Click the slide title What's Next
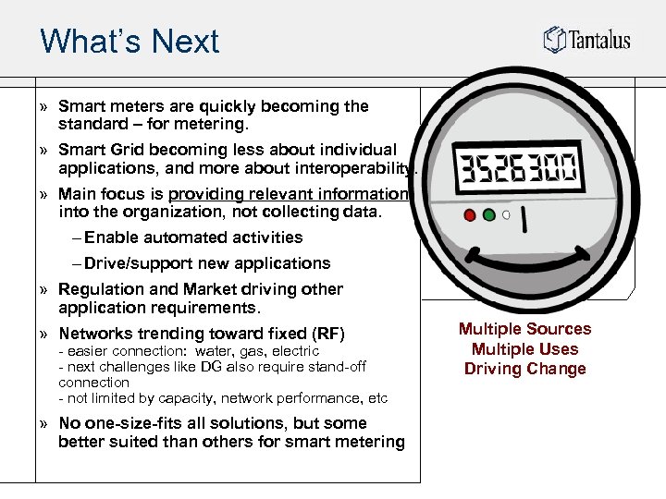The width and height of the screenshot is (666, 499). click(x=129, y=42)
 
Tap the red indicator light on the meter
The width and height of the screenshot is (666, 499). click(x=470, y=215)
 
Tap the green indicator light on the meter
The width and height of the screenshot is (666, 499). click(x=488, y=215)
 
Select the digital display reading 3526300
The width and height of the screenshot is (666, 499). click(x=517, y=170)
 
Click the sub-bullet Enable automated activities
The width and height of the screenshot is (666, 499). click(x=193, y=237)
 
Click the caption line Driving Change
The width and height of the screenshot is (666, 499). click(x=524, y=370)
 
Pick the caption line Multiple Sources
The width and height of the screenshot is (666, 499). click(x=524, y=329)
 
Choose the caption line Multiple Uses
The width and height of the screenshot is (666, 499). click(x=524, y=349)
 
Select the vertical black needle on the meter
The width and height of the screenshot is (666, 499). click(x=524, y=220)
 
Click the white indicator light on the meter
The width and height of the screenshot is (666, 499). click(x=505, y=216)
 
